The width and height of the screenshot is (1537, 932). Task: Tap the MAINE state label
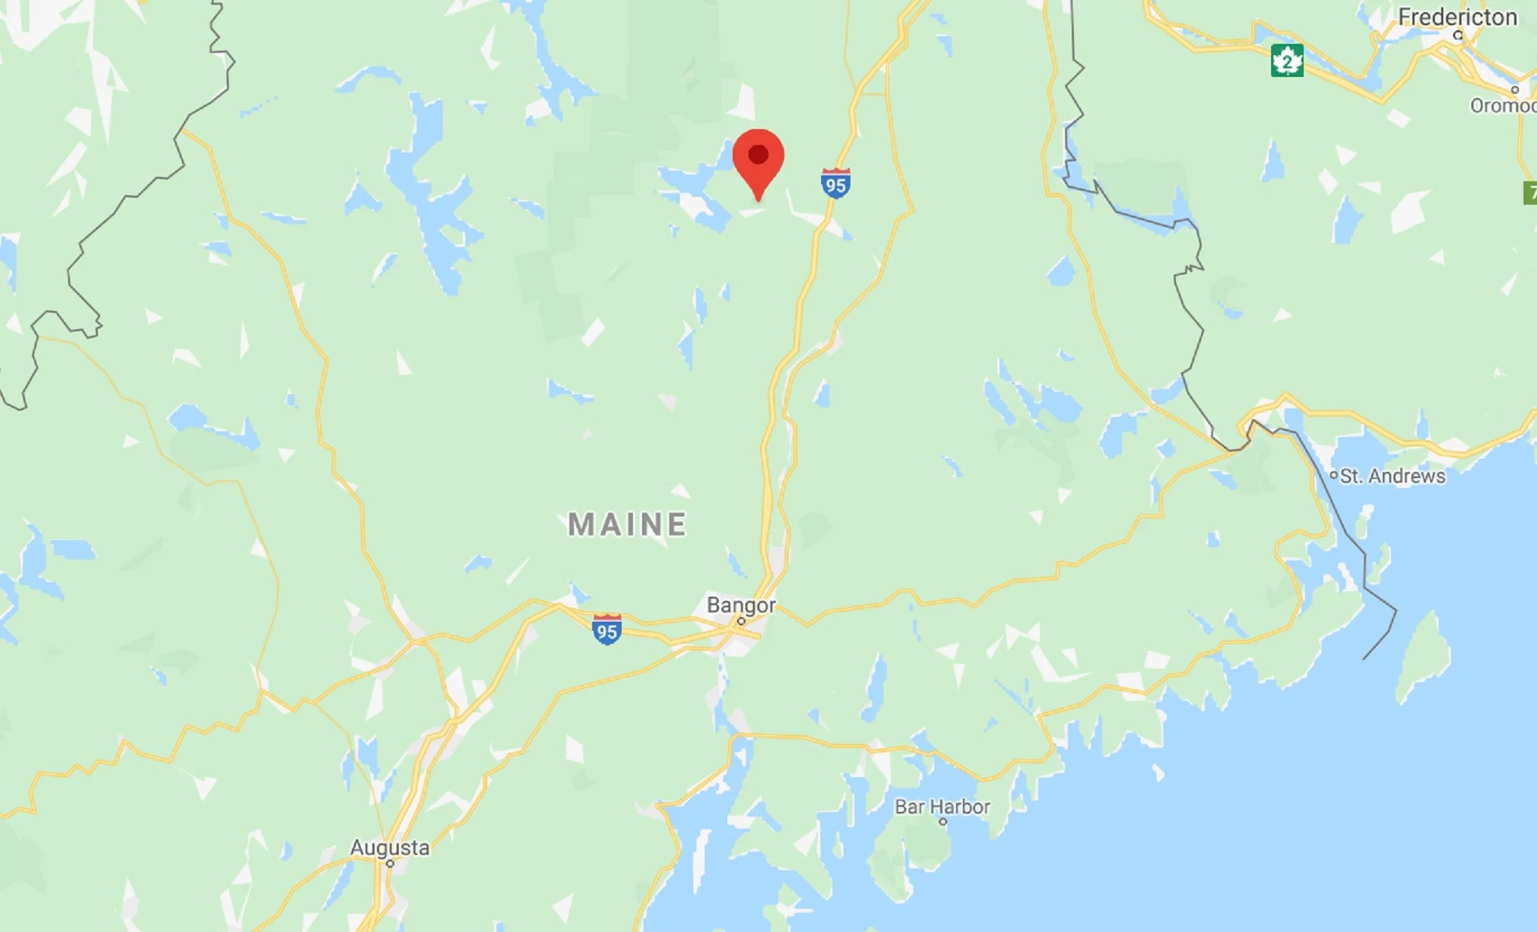(627, 524)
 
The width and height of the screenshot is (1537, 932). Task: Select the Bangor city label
(741, 605)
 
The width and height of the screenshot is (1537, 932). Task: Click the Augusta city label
(390, 847)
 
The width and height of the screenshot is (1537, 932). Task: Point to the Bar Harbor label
(942, 807)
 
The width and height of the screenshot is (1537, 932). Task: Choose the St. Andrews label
(1393, 476)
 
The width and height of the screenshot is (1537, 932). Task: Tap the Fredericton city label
(1457, 17)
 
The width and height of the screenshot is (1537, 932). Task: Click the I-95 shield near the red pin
(836, 184)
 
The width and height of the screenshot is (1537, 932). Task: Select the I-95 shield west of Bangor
(606, 629)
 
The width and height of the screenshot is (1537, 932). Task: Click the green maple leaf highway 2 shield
(1287, 61)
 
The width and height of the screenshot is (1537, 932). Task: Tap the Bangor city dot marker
(741, 622)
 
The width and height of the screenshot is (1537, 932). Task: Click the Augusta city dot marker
(390, 863)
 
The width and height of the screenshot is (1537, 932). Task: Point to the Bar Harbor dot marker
(943, 822)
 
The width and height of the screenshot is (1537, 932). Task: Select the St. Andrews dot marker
(1334, 476)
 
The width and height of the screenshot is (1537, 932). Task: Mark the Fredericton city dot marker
(1458, 35)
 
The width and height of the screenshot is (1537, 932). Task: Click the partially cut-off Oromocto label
(1503, 106)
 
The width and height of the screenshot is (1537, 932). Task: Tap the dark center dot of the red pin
(758, 155)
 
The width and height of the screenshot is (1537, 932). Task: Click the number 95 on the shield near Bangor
(606, 632)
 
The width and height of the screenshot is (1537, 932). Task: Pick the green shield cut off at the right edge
(1530, 193)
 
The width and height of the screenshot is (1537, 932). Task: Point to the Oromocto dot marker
(1514, 90)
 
